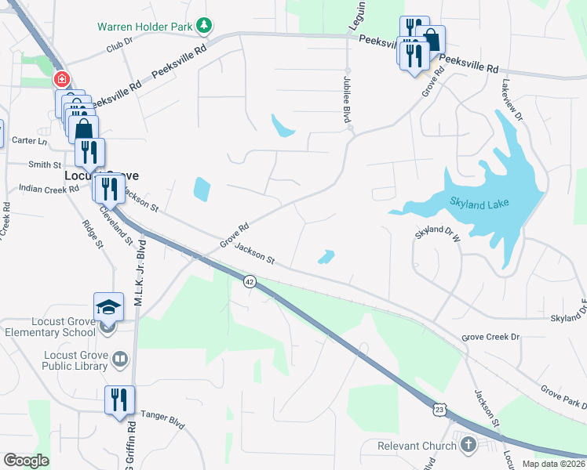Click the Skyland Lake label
(479, 204)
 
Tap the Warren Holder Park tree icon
(204, 26)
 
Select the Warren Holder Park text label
(144, 27)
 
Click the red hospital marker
(61, 80)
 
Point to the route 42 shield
(250, 281)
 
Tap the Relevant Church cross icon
(469, 446)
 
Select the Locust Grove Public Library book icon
(119, 360)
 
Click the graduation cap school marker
(109, 306)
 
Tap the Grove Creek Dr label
(490, 337)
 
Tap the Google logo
(26, 461)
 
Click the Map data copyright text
(553, 464)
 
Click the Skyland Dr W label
(437, 234)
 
